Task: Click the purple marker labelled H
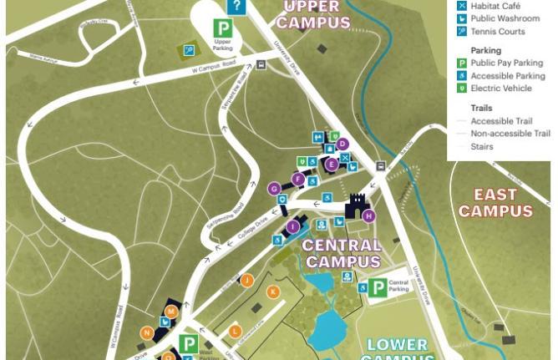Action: click(368, 216)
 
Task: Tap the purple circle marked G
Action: click(274, 189)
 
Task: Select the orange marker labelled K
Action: click(272, 292)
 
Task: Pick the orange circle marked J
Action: click(247, 281)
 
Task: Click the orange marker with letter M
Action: click(171, 312)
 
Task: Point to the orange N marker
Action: click(147, 333)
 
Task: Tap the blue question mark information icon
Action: click(236, 7)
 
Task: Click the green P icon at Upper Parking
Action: click(222, 29)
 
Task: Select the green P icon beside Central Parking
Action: click(378, 287)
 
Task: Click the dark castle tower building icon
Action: click(358, 205)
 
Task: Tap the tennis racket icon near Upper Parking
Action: click(190, 50)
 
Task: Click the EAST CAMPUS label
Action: click(495, 203)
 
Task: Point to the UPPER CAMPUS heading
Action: click(313, 15)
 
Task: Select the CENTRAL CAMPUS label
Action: click(342, 253)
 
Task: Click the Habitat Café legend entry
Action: click(494, 6)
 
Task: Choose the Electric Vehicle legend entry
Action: click(499, 88)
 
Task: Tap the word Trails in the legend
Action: click(481, 108)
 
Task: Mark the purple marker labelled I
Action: click(292, 226)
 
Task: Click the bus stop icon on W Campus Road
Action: click(261, 65)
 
